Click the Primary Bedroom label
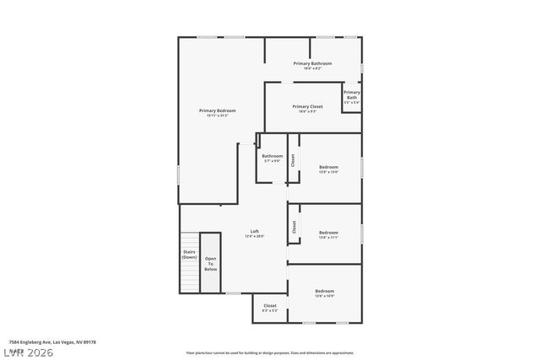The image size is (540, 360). pyautogui.click(x=217, y=110)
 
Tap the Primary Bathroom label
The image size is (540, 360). pyautogui.click(x=312, y=63)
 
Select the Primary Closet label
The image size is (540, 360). pyautogui.click(x=307, y=106)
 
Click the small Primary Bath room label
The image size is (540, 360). pyautogui.click(x=352, y=94)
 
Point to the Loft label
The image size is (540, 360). pyautogui.click(x=254, y=231)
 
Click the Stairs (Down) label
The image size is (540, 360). pyautogui.click(x=189, y=255)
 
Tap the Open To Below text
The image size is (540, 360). pyautogui.click(x=210, y=264)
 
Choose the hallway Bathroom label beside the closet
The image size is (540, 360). pyautogui.click(x=272, y=155)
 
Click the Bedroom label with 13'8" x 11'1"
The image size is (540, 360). pyautogui.click(x=328, y=232)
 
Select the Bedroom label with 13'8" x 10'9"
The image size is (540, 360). pyautogui.click(x=324, y=291)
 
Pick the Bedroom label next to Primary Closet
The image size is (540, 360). pyautogui.click(x=328, y=167)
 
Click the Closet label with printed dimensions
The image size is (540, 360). pyautogui.click(x=270, y=305)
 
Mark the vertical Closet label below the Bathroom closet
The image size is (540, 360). pyautogui.click(x=294, y=226)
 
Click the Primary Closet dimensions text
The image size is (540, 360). pyautogui.click(x=307, y=111)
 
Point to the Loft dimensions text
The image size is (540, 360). pyautogui.click(x=254, y=237)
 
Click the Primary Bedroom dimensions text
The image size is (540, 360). pyautogui.click(x=217, y=116)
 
